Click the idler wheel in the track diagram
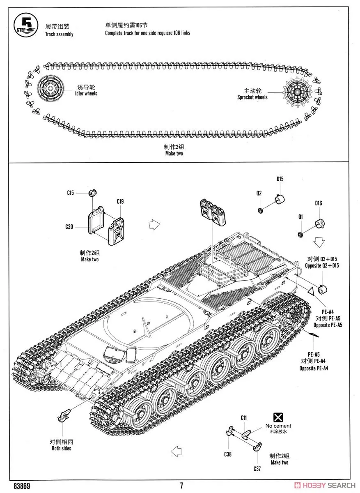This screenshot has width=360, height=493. pyautogui.click(x=50, y=88)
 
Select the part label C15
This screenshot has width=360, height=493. pyautogui.click(x=70, y=193)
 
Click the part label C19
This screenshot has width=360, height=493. pyautogui.click(x=120, y=201)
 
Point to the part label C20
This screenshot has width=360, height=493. pyautogui.click(x=69, y=226)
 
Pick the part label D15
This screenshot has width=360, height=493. pyautogui.click(x=280, y=179)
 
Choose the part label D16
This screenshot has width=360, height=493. pyautogui.click(x=319, y=203)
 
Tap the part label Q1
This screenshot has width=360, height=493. pyautogui.click(x=300, y=217)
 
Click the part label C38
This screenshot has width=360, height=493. pyautogui.click(x=228, y=454)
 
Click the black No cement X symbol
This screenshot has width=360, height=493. pyautogui.click(x=278, y=418)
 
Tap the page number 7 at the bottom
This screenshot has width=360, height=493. pyautogui.click(x=181, y=485)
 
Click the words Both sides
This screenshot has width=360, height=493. pyautogui.click(x=61, y=448)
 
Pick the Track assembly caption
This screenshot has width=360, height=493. pyautogui.click(x=59, y=34)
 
